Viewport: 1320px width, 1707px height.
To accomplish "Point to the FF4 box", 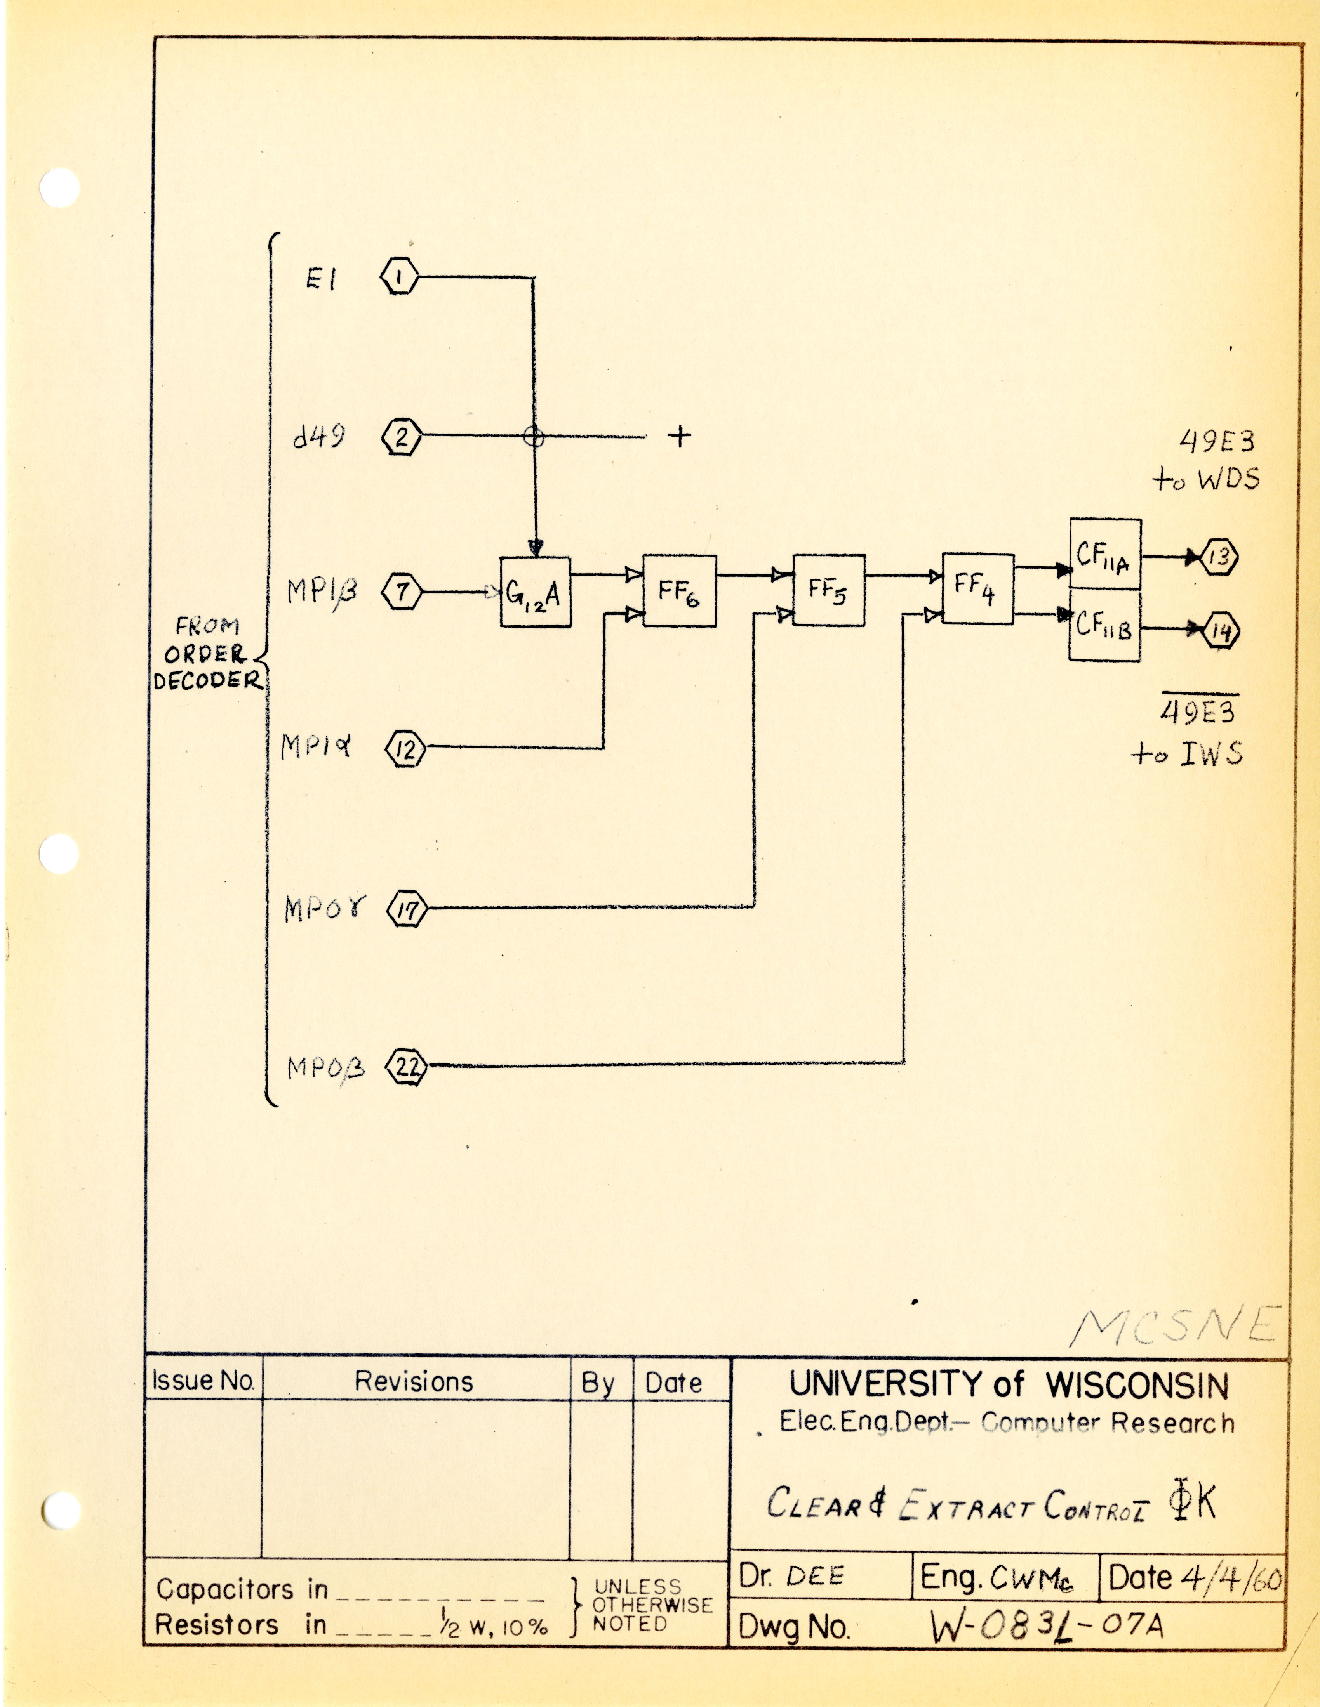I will (x=977, y=588).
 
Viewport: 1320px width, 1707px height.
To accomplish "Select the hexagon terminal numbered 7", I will (x=401, y=592).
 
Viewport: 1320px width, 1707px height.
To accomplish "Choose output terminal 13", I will (x=1218, y=557).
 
